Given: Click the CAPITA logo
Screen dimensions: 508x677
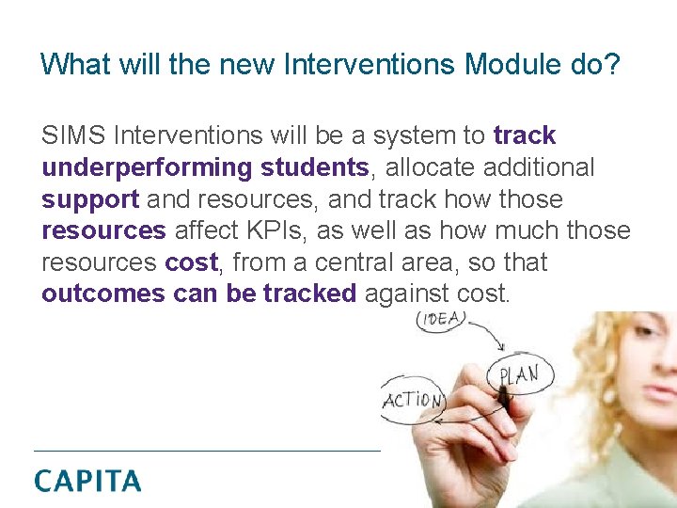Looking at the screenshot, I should (x=87, y=481).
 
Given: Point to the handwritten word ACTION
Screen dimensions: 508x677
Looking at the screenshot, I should (x=412, y=401).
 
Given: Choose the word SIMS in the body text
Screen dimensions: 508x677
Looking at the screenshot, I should (x=72, y=136).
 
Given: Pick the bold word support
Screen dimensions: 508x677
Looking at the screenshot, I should (x=90, y=200).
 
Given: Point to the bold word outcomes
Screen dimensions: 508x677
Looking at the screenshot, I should (x=102, y=294).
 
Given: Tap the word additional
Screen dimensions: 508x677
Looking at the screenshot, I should (x=544, y=167).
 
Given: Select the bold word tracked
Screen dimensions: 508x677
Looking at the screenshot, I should (x=309, y=294).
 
